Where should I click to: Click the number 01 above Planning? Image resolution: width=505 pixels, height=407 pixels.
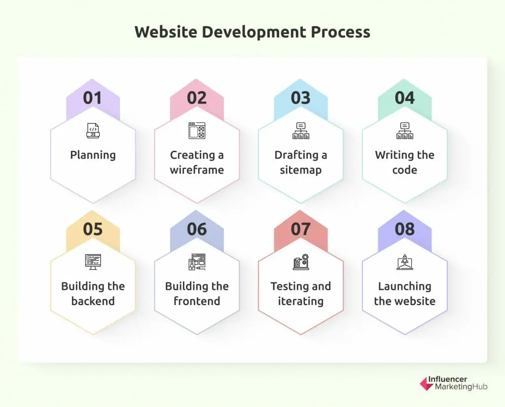click(92, 98)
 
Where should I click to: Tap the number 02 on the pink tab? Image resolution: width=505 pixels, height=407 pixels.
click(197, 98)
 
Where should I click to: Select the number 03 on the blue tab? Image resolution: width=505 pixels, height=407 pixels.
click(301, 98)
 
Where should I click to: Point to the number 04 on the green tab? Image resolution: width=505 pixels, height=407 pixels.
click(405, 98)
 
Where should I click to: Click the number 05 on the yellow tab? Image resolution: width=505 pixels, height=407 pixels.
click(93, 229)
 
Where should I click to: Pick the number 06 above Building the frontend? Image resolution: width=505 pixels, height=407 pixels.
click(197, 229)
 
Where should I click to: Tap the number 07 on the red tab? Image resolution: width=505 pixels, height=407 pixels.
click(301, 229)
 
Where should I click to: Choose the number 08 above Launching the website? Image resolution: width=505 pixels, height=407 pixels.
click(405, 229)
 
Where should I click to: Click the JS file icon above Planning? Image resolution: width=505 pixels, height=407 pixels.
click(93, 131)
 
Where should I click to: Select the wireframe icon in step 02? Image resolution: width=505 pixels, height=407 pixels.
click(197, 131)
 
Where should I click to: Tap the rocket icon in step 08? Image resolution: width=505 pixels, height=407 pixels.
click(405, 262)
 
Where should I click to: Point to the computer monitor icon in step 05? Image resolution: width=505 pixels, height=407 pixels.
click(93, 262)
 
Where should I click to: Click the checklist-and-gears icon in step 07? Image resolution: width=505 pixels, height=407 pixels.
click(301, 262)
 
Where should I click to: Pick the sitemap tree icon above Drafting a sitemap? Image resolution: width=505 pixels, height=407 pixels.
click(301, 131)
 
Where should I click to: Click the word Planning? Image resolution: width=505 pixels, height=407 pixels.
click(93, 155)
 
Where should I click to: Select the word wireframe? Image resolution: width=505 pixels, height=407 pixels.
click(197, 170)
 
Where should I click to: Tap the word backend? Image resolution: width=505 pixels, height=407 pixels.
click(93, 301)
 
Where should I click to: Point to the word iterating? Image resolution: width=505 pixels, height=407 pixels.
click(301, 302)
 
